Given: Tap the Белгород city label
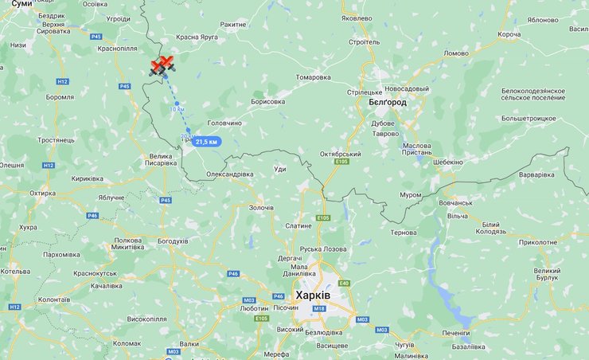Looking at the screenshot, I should coord(388,103).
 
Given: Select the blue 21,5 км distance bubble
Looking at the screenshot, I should coord(205,141).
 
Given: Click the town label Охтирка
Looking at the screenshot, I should coord(43,193).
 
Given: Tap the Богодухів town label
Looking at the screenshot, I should coord(173,241).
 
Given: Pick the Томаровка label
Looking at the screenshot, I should coord(313,77).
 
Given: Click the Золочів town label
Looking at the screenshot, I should coord(261,208).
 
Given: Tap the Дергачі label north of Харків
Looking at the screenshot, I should coord(290,259).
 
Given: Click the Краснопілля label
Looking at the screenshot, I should coord(117,49).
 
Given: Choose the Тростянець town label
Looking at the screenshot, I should coord(56,140).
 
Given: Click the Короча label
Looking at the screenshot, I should coord(509,35).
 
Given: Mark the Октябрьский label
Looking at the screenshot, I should coord(341,154).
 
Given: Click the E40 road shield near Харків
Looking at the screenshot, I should coord(344,284).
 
